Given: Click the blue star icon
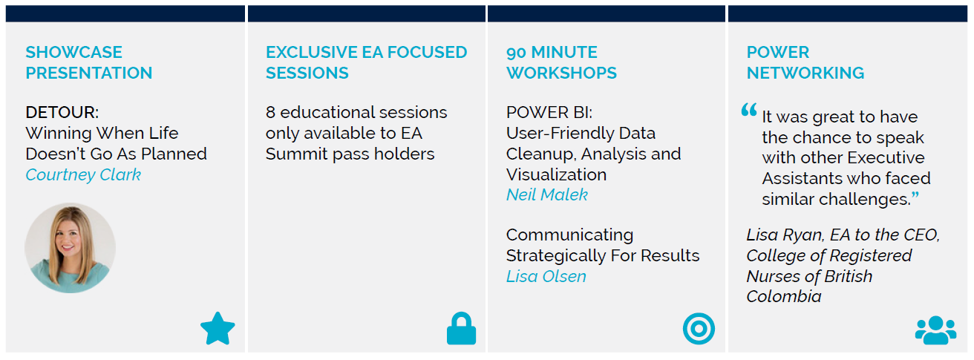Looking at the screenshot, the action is [218, 329].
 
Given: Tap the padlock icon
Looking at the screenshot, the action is [461, 328].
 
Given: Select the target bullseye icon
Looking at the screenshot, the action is [699, 329].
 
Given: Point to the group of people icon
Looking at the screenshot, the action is [935, 330].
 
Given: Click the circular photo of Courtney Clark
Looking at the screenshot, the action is [70, 248].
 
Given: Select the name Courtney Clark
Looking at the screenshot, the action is [83, 174].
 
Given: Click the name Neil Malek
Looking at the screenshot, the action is [547, 194].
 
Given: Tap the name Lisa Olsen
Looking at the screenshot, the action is [546, 277].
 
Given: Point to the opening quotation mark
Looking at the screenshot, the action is [749, 110].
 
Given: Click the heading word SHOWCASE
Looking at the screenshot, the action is [74, 52].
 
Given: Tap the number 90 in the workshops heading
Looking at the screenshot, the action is [516, 53].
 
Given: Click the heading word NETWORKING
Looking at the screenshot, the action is [805, 73].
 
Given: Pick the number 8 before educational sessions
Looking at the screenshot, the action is [270, 113].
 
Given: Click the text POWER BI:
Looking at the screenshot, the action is [549, 113].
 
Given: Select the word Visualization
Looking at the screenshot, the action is [556, 174].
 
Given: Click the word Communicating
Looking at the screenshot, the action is [569, 235].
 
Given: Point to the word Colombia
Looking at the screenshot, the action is [783, 296].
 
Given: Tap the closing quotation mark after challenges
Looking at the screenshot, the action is [915, 196].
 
